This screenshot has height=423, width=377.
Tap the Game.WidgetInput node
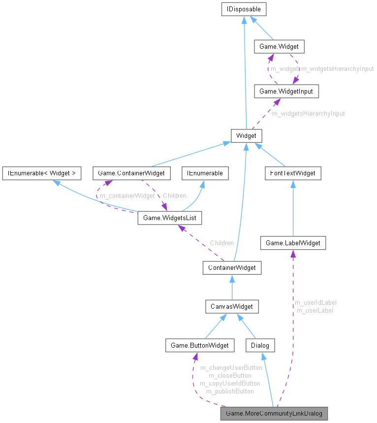pos(282,91)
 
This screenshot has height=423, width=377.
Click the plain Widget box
pos(247,135)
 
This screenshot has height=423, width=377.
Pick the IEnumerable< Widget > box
pos(41,173)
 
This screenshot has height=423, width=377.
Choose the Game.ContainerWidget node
pos(131,173)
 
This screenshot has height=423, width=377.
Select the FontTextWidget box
pos(293,173)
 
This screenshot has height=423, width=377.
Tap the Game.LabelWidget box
pos(293,243)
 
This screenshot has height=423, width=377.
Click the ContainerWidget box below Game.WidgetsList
pos(232,268)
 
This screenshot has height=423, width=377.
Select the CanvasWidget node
pos(232,306)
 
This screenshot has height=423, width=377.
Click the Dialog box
pos(260,345)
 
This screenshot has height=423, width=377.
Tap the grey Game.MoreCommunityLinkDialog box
pos(274,413)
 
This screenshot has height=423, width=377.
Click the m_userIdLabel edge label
pos(315,302)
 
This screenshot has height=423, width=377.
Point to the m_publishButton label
pos(230,391)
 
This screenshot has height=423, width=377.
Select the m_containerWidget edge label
pos(127,196)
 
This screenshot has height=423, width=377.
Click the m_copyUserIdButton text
pos(230,383)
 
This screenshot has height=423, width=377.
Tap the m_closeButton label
pos(230,375)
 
